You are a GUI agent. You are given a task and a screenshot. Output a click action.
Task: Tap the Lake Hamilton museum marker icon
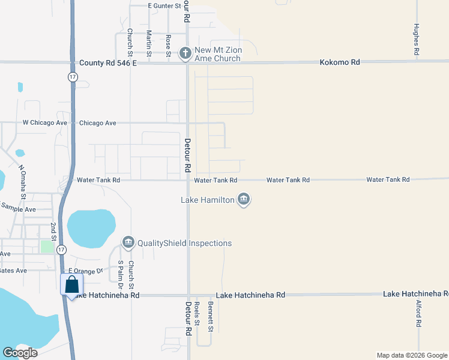tap(243, 199)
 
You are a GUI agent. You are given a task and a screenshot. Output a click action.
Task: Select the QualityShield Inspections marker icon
tap(127, 242)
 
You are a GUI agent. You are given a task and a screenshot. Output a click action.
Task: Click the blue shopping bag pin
tap(71, 286)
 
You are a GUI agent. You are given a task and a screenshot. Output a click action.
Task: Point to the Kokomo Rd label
tap(339, 62)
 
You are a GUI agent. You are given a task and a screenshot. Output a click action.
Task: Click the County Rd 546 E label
tap(108, 62)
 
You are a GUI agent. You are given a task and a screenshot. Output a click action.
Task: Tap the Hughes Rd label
tap(416, 40)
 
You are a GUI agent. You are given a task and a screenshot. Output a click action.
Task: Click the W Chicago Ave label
tap(45, 122)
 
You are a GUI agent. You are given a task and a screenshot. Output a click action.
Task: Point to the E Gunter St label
tap(164, 5)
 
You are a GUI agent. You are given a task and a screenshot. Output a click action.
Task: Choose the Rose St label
tap(168, 45)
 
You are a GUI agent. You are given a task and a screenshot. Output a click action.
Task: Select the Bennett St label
tap(211, 317)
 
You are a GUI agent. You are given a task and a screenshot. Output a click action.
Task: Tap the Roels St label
tap(197, 314)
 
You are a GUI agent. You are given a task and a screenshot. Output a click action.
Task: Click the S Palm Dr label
tap(121, 271)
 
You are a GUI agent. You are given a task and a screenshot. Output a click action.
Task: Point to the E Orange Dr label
tap(90, 271)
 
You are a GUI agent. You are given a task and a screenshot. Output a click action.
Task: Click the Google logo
tap(20, 353)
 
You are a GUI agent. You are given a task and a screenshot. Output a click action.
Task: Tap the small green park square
tap(47, 247)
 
